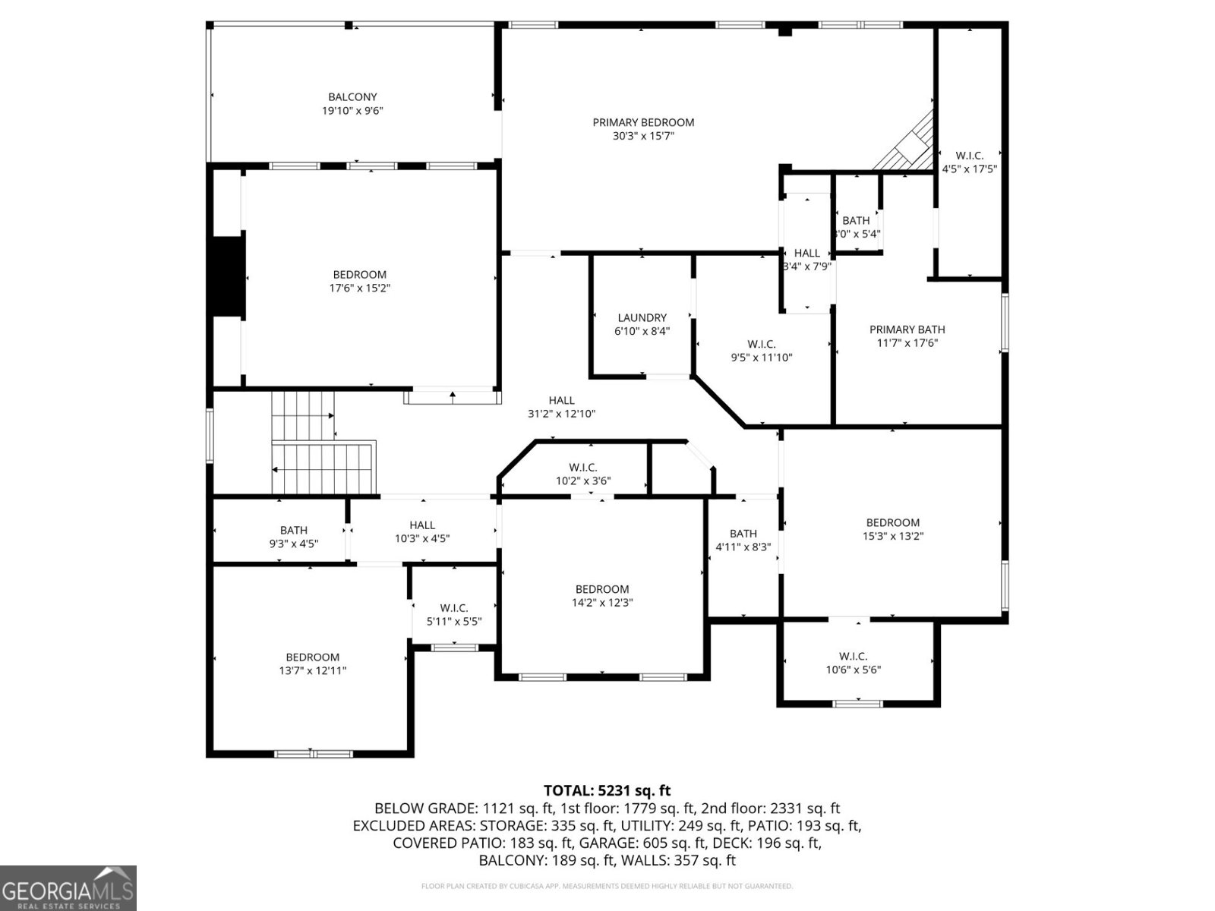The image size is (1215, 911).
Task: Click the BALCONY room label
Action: [352, 97]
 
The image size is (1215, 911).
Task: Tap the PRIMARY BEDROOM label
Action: [643, 122]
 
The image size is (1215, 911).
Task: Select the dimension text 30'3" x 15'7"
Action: [643, 137]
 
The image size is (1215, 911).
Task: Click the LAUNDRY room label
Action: [642, 318]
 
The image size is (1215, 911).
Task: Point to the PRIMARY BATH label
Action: [907, 329]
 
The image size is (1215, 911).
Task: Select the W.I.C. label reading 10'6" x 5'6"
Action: [853, 663]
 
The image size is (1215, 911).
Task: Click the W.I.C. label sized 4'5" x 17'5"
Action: [969, 162]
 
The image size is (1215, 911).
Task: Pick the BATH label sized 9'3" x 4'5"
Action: [293, 537]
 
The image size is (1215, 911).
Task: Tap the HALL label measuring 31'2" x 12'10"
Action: [561, 407]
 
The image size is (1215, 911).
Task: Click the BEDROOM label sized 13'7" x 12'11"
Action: [312, 664]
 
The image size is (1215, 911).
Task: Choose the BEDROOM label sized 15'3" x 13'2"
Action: [892, 529]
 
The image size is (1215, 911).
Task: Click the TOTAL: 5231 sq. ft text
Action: [607, 791]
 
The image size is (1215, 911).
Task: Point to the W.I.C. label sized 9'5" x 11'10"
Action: [761, 351]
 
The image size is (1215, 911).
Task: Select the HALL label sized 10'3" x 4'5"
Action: [422, 531]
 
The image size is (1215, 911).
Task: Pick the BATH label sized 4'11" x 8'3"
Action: [743, 540]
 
